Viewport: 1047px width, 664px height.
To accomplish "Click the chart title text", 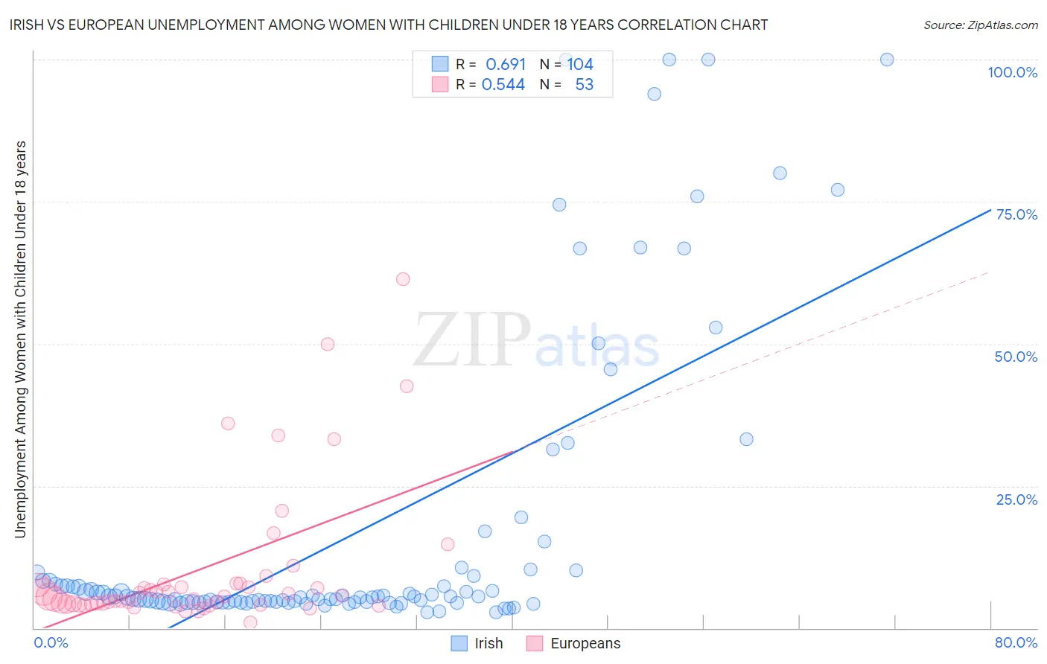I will [388, 25].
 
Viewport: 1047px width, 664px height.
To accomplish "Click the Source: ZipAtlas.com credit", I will [980, 25].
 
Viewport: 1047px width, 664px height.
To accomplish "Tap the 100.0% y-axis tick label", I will [1012, 72].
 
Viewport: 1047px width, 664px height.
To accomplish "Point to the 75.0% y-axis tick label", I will [1016, 214].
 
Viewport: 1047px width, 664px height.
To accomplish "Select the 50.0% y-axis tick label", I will [1016, 357].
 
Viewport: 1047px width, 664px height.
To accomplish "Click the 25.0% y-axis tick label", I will [1016, 499].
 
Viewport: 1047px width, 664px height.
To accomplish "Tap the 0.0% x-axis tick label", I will [51, 642].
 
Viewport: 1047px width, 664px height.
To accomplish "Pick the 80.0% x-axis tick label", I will [1016, 642].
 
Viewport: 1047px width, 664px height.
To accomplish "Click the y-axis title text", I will [20, 339].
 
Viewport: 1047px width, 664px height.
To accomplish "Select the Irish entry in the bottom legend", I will [488, 644].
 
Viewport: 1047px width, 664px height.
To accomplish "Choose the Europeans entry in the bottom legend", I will [585, 644].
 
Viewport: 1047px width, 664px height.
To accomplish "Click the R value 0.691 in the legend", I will [506, 64].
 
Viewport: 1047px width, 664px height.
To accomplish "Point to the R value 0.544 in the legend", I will [503, 84].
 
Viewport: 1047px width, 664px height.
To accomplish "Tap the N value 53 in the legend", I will [584, 84].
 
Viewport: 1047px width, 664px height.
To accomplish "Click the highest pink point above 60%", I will [403, 279].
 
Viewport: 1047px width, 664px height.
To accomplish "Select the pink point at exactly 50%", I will [328, 344].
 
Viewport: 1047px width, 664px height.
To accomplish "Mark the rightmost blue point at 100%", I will [887, 60].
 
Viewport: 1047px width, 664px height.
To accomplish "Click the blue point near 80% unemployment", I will [780, 173].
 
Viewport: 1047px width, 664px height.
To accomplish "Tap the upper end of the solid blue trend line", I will [990, 210].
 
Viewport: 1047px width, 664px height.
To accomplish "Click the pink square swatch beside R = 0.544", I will [440, 84].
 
